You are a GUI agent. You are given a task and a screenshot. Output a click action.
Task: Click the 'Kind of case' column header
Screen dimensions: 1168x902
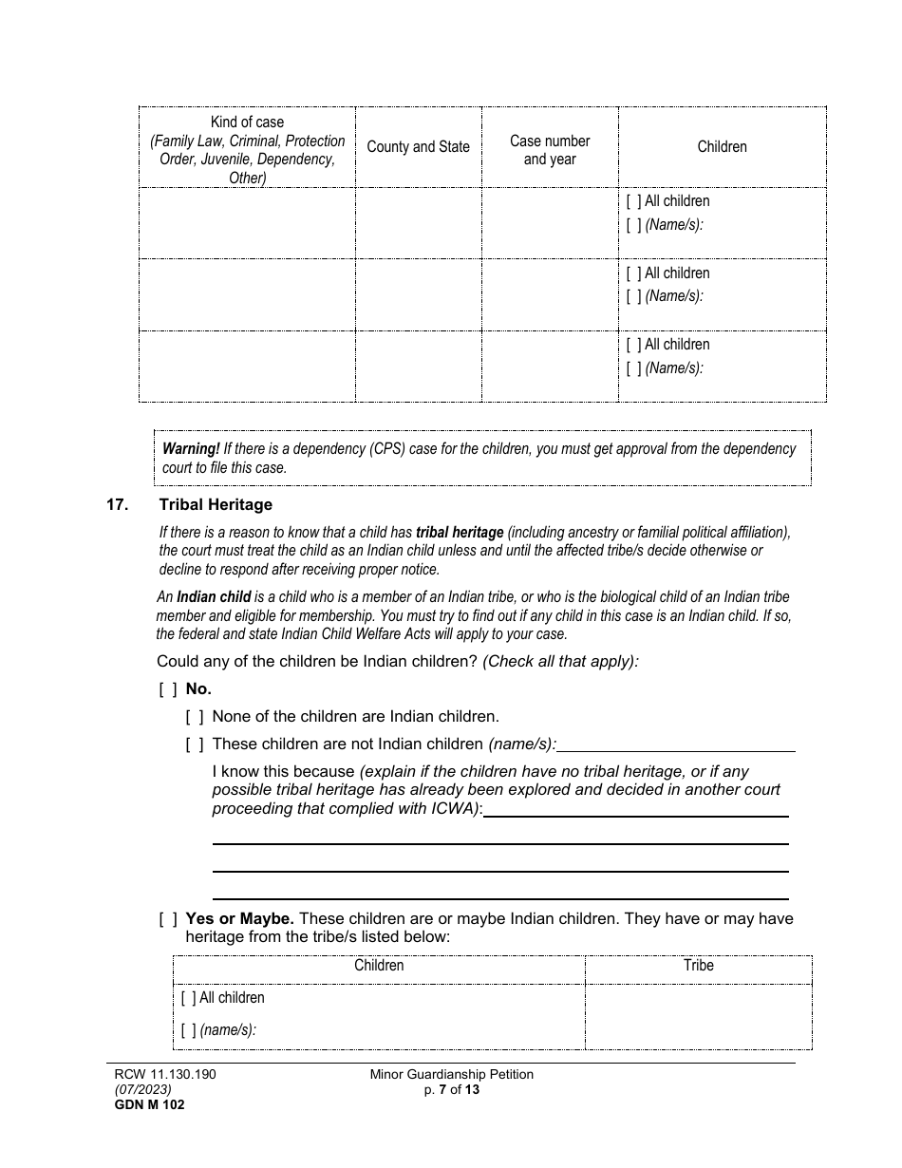click(x=247, y=149)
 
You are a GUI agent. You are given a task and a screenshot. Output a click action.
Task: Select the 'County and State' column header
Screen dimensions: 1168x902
click(x=418, y=147)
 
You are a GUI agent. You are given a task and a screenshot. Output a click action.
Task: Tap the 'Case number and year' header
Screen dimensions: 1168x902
click(x=550, y=150)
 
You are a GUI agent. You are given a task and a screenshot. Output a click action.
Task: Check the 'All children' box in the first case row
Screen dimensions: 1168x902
click(x=633, y=201)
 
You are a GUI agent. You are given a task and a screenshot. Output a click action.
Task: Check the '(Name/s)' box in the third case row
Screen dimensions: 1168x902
click(x=633, y=368)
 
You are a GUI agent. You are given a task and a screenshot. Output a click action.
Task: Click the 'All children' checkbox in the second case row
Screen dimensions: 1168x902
click(x=633, y=273)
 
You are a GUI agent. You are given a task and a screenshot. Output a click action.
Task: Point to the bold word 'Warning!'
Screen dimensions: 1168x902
click(x=191, y=449)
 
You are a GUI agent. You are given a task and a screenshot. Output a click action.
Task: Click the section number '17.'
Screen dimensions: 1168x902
click(x=118, y=505)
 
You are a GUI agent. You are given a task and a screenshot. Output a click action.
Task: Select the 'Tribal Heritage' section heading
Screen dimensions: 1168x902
click(x=216, y=505)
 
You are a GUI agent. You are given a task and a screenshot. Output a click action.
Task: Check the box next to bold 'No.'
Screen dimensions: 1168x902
click(x=167, y=689)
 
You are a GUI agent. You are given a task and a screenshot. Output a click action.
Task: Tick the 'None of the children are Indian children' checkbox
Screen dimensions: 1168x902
click(x=194, y=717)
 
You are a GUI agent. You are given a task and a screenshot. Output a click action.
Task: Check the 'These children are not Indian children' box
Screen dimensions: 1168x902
click(x=194, y=744)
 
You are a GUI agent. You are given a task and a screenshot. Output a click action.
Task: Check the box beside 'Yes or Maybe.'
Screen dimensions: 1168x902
click(x=167, y=919)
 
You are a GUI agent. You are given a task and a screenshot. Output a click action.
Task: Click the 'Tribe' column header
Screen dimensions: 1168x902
click(x=698, y=966)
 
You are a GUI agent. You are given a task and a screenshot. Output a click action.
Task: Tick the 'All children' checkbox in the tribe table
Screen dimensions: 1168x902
click(x=188, y=998)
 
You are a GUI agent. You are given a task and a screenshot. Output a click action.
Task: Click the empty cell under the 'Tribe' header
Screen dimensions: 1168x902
click(x=698, y=1015)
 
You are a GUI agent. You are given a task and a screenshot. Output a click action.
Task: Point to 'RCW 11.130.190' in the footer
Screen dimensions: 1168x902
click(x=165, y=1075)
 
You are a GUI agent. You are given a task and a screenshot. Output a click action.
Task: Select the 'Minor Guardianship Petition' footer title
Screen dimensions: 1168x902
click(x=452, y=1075)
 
